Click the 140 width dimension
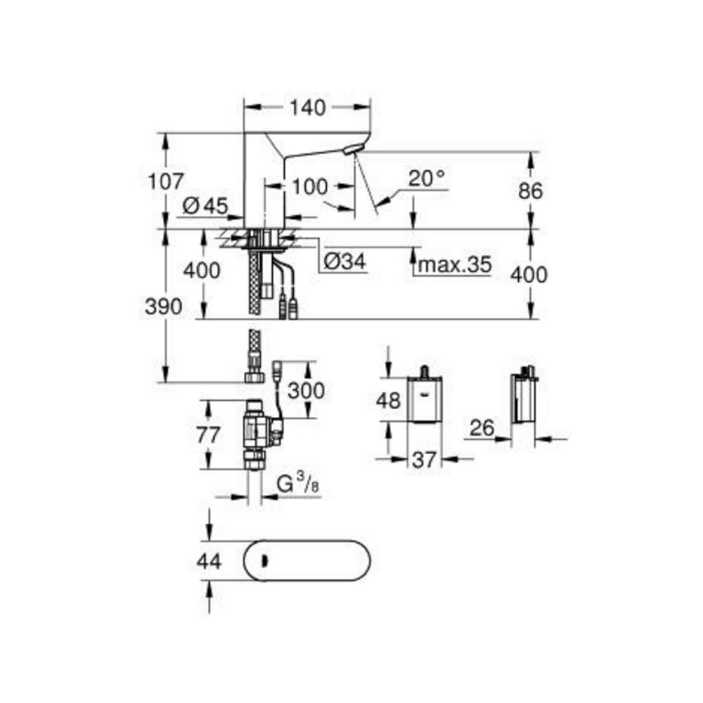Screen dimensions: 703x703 (308, 108)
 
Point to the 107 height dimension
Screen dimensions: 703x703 (165, 181)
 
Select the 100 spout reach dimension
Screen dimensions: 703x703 (310, 187)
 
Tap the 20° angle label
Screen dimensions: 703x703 (427, 179)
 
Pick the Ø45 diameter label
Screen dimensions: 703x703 (205, 207)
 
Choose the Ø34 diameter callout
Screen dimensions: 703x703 (344, 262)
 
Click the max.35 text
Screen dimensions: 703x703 (453, 265)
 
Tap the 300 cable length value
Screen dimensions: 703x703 (308, 390)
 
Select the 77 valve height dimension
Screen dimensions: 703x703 (208, 434)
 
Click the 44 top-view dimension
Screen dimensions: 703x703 (208, 561)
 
